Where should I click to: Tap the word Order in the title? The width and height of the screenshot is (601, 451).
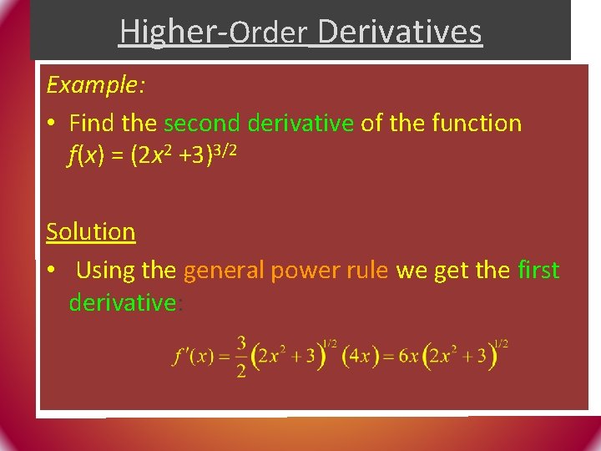pyautogui.click(x=267, y=33)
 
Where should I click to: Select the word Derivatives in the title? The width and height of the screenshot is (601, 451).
pyautogui.click(x=399, y=32)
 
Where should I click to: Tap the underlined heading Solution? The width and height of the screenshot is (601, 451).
pyautogui.click(x=90, y=231)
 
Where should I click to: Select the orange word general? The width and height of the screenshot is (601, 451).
pyautogui.click(x=223, y=271)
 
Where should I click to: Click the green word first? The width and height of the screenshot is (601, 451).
pyautogui.click(x=538, y=271)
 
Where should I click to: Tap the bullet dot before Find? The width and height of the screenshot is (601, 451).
pyautogui.click(x=52, y=124)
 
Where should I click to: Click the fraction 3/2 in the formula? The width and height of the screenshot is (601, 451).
pyautogui.click(x=240, y=357)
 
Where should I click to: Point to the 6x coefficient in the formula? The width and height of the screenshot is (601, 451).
pyautogui.click(x=409, y=357)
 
